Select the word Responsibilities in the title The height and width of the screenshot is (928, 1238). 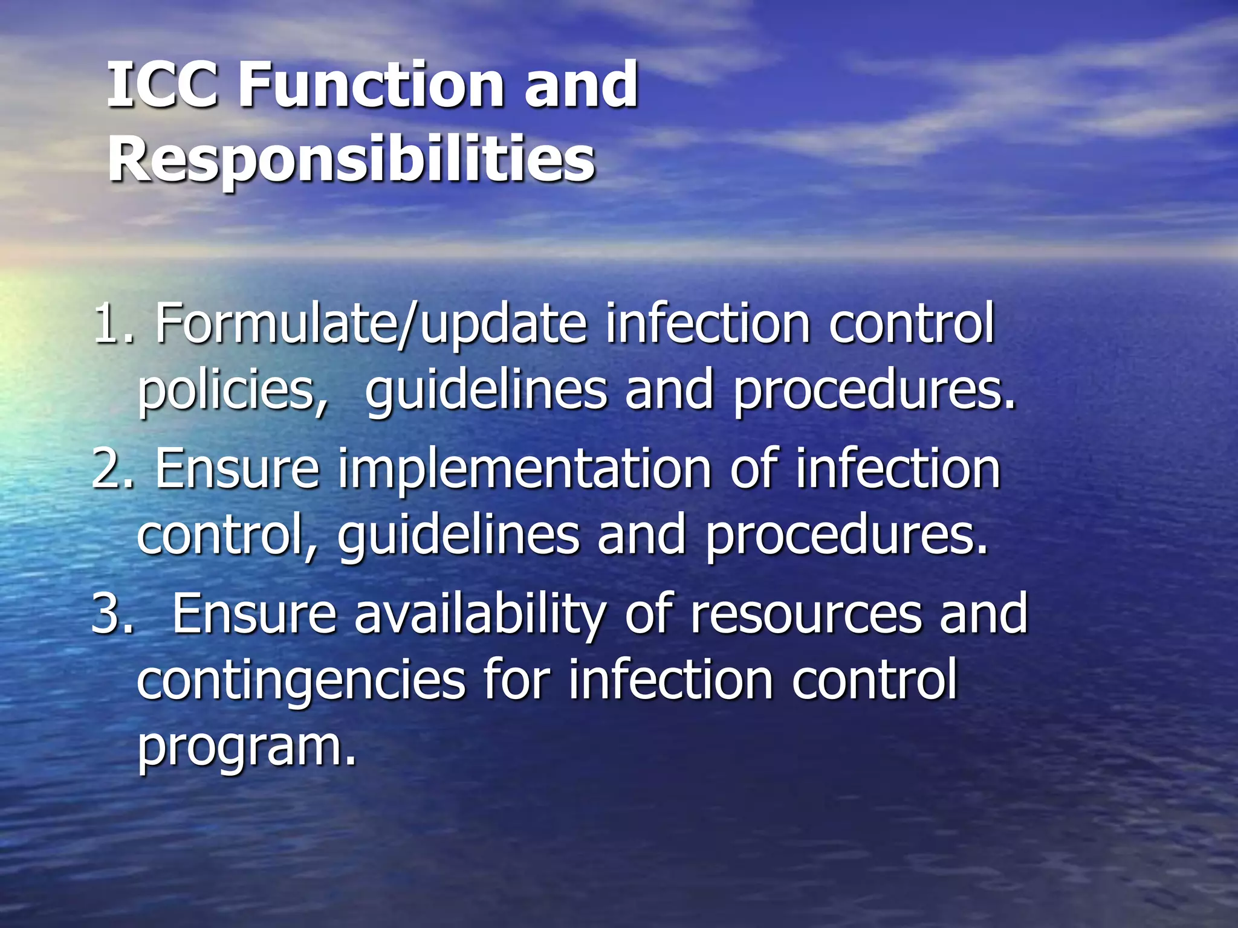[352, 159]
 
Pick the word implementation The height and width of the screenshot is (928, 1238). [524, 470]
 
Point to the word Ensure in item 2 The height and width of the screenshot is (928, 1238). [237, 469]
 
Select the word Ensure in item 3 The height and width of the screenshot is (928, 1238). [254, 614]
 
